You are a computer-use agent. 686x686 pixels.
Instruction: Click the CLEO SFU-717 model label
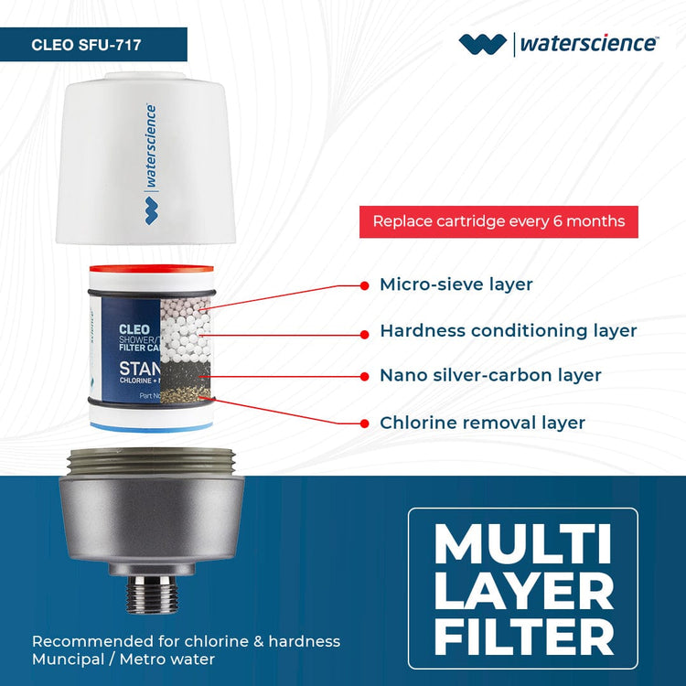86,44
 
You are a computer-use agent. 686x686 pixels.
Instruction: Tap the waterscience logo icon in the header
482,43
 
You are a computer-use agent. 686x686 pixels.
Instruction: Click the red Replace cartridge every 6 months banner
498,221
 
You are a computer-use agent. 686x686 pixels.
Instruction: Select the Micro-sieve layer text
456,284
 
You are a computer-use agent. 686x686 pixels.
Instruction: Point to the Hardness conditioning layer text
508,330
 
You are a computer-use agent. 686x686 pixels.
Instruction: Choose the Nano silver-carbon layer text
490,376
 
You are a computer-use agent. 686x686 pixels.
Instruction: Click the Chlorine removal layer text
482,423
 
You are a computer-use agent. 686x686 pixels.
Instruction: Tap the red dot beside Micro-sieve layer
365,284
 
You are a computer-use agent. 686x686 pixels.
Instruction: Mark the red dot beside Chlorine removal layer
365,423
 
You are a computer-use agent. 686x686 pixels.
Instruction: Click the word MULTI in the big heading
522,547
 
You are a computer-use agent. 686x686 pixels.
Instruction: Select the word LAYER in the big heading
522,591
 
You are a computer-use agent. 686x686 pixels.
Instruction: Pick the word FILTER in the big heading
522,636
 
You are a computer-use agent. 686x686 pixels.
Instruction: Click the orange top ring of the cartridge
151,272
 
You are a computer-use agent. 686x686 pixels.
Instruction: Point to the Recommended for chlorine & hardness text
186,641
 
